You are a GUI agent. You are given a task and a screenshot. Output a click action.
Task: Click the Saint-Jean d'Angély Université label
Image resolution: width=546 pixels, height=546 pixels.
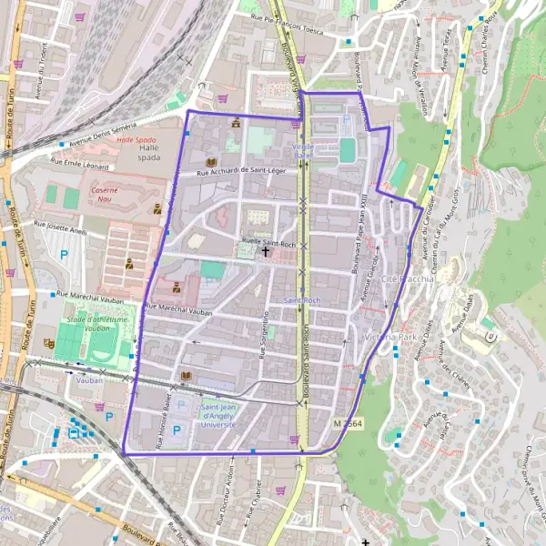[x=219, y=414]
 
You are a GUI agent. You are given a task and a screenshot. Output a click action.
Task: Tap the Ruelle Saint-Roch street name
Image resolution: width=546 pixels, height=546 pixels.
[x=268, y=243]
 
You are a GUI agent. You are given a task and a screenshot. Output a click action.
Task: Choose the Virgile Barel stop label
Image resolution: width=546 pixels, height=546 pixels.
[x=302, y=149]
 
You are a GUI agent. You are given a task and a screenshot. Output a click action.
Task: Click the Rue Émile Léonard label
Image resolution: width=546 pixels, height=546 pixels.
[x=79, y=164]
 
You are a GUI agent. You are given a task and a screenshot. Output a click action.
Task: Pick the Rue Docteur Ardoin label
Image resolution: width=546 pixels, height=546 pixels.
[x=225, y=505]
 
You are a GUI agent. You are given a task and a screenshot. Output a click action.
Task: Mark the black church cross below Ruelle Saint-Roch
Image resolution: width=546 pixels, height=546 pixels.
[x=266, y=250]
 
